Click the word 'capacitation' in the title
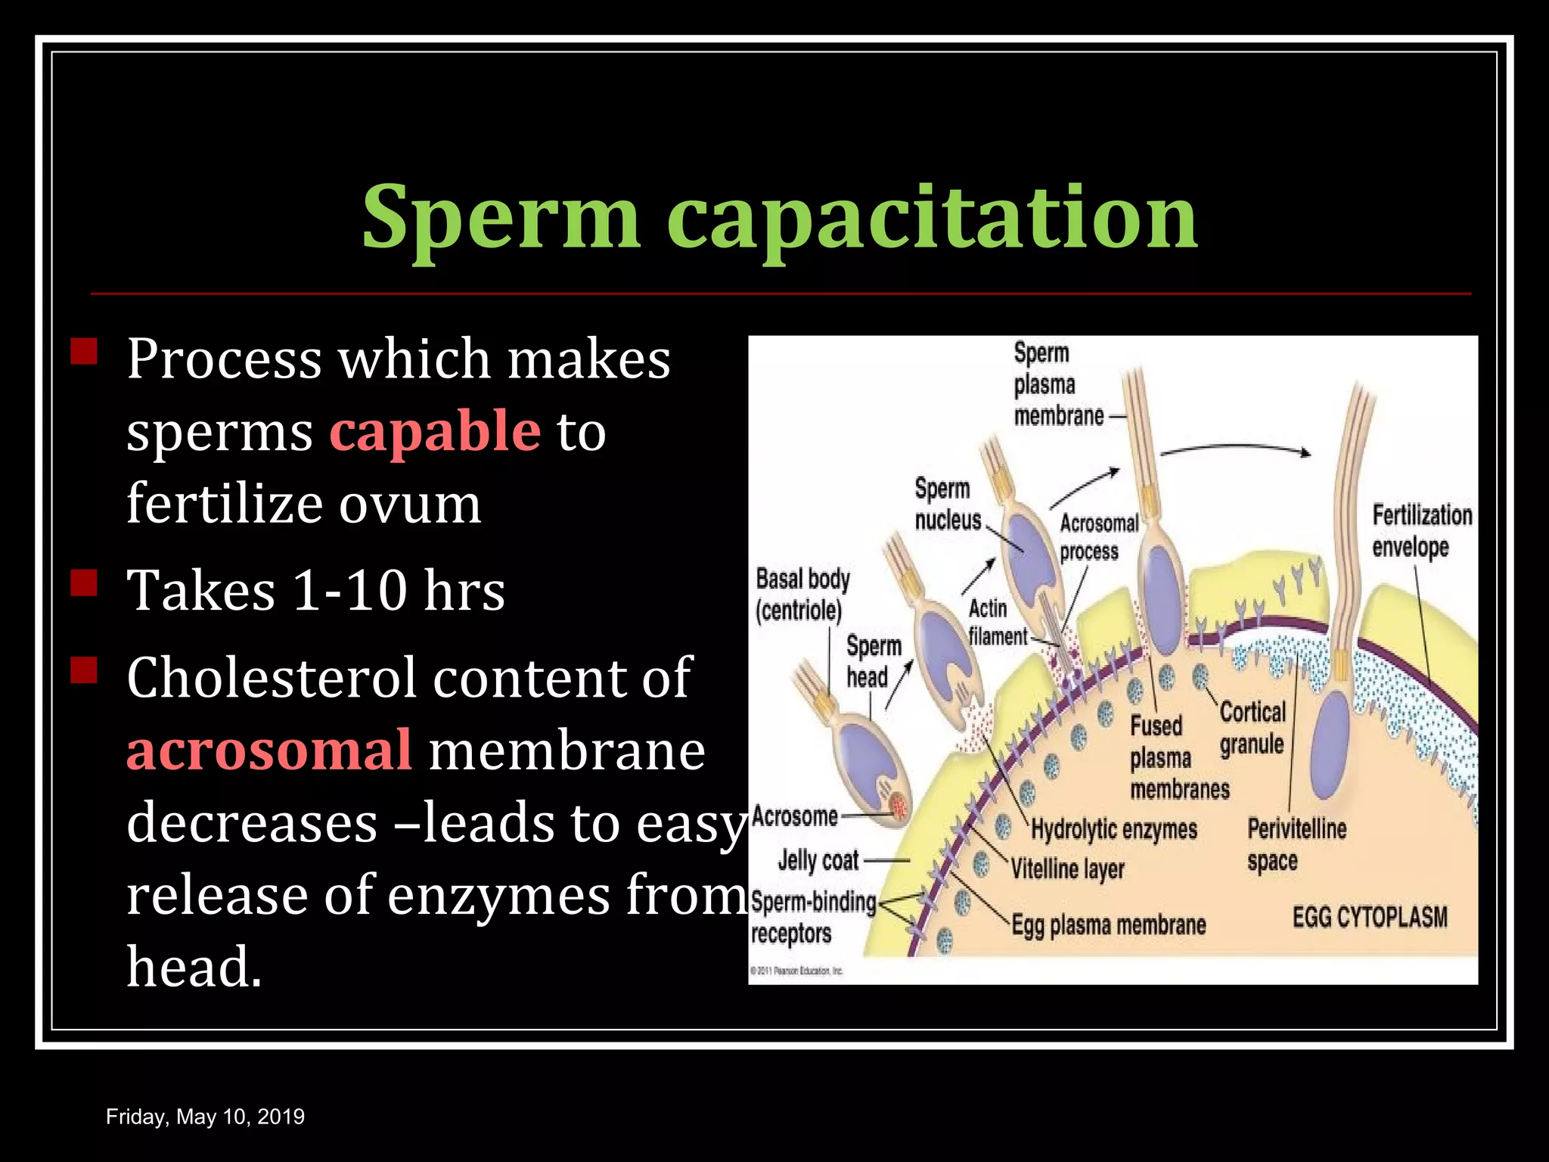pos(932,219)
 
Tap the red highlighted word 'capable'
pos(435,431)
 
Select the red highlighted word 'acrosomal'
pos(269,750)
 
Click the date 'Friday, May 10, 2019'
pos(205,1117)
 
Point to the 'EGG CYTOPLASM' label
pos(1370,917)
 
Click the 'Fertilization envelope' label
pos(1421,531)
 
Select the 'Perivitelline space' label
pos(1296,844)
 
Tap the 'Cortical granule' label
pos(1253,728)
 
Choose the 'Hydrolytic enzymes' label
pos(1114,829)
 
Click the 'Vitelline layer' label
pos(1067,868)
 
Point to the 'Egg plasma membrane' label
pos(1109,924)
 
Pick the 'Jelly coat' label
pos(818,860)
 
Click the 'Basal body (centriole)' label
pos(802,595)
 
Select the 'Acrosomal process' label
pos(1098,537)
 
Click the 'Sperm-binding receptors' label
pos(812,918)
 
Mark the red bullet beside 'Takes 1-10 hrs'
pos(84,584)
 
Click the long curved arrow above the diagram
pos(1234,448)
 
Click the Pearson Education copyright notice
pos(796,971)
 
